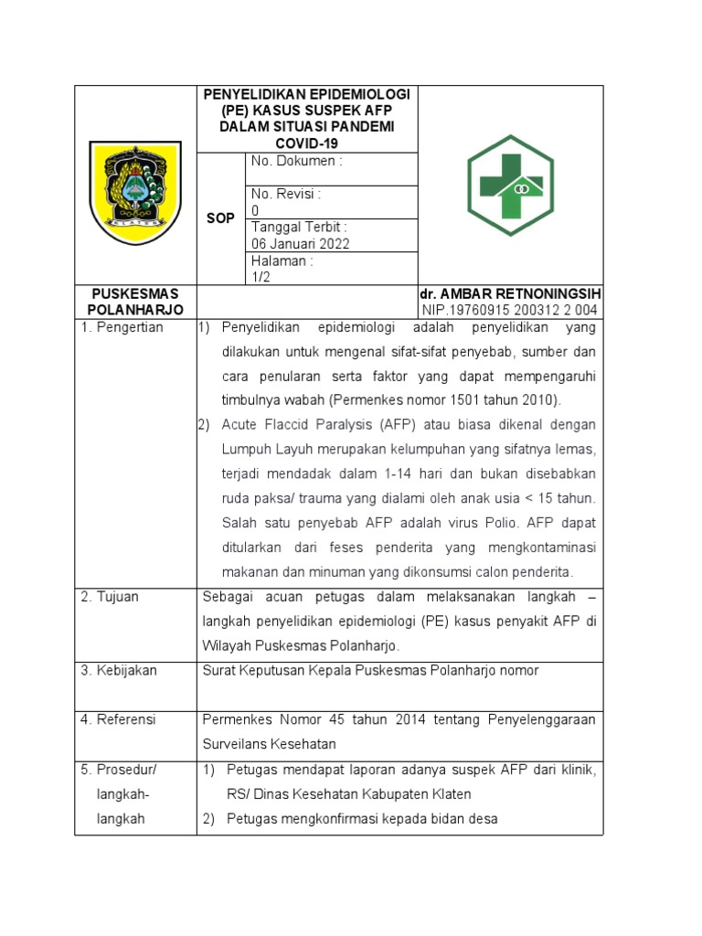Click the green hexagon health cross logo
point(510,186)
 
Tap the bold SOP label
point(220,218)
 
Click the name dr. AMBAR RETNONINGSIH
point(510,294)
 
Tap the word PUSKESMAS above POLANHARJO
point(135,294)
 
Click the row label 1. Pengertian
point(122,327)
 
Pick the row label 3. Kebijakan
point(119,670)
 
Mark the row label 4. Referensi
point(119,719)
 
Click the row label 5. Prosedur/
point(118,770)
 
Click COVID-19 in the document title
point(307,144)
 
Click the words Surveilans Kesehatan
point(270,744)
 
